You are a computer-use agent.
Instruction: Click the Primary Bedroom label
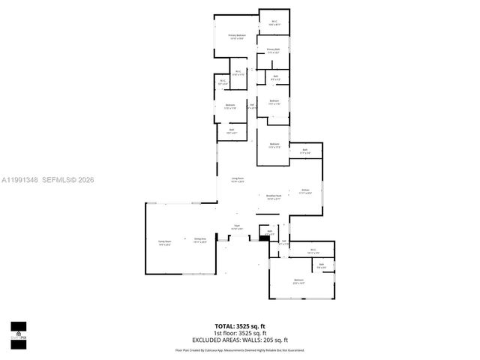pyautogui.click(x=237, y=37)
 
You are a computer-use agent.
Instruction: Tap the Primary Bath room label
pyautogui.click(x=273, y=51)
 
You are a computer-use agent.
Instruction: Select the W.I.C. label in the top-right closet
pyautogui.click(x=274, y=22)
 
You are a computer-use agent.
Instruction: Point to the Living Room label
pyautogui.click(x=237, y=180)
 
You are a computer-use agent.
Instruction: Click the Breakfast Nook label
pyautogui.click(x=274, y=197)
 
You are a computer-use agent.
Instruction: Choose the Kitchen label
pyautogui.click(x=305, y=191)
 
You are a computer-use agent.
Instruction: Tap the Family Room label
pyautogui.click(x=165, y=243)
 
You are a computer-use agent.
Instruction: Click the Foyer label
pyautogui.click(x=236, y=226)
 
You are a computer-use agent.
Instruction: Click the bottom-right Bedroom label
pyautogui.click(x=298, y=282)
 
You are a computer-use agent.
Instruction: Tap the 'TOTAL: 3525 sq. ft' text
pyautogui.click(x=239, y=326)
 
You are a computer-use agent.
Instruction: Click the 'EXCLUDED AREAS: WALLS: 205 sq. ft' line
pyautogui.click(x=239, y=339)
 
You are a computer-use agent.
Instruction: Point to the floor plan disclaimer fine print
pyautogui.click(x=239, y=350)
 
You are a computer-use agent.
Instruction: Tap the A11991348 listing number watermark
pyautogui.click(x=18, y=180)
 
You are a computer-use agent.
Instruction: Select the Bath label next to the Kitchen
pyautogui.click(x=305, y=151)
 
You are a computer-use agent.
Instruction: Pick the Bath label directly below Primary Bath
pyautogui.click(x=275, y=77)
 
